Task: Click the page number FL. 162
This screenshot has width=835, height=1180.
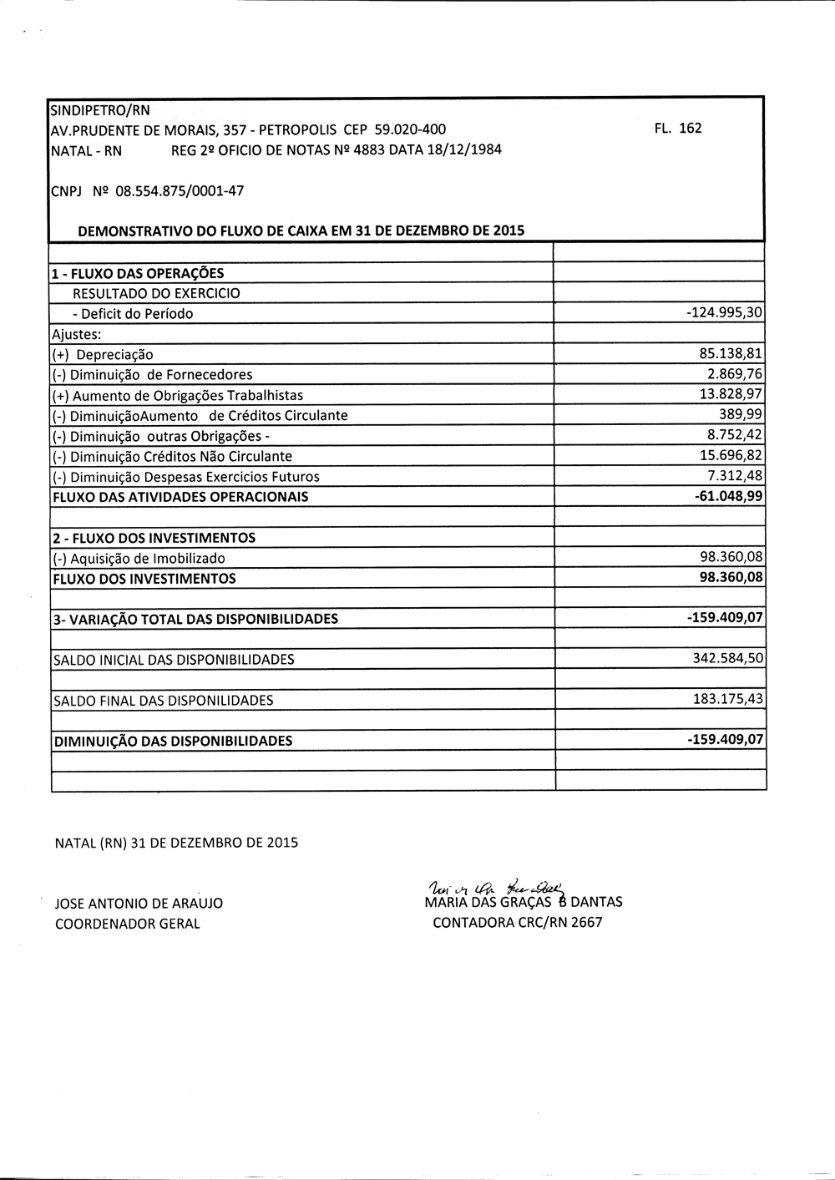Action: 679,129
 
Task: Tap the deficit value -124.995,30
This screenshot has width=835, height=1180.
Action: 724,314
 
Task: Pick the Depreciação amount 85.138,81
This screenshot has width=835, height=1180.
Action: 731,354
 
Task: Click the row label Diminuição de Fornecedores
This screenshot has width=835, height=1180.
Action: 152,375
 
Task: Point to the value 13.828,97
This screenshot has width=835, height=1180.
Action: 731,395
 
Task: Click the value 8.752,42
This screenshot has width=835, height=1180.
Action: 735,435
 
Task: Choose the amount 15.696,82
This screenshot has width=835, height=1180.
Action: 731,456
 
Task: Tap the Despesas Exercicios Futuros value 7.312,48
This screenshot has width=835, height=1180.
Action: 735,476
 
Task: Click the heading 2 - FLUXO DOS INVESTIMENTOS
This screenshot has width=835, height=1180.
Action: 154,538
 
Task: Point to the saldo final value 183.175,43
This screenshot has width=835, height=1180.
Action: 728,700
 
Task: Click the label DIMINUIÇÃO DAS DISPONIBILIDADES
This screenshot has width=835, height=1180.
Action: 173,741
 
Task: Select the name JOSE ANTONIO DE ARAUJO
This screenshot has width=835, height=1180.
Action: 139,904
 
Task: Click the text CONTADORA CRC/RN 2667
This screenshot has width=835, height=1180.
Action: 517,923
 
